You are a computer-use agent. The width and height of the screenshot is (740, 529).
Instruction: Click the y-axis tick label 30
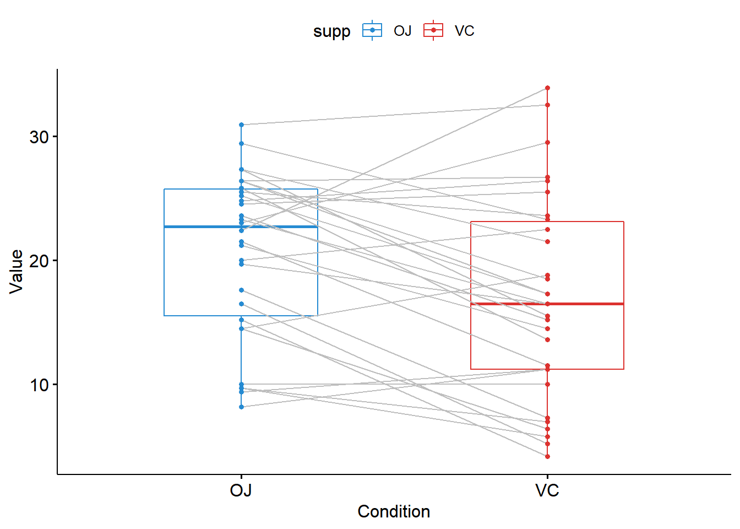(39, 137)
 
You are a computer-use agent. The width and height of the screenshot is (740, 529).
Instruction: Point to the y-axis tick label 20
(39, 261)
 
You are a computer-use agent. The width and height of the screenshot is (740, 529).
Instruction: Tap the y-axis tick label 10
(39, 385)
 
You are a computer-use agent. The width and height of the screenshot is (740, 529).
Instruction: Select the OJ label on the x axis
(241, 490)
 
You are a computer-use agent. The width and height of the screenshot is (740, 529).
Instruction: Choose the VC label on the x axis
(547, 490)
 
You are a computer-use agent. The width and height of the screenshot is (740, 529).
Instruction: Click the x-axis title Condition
(394, 511)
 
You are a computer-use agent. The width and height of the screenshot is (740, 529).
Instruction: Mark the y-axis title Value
(17, 271)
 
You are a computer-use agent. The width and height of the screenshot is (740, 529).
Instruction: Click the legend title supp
(331, 31)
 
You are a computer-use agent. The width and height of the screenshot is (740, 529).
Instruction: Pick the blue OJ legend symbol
(372, 30)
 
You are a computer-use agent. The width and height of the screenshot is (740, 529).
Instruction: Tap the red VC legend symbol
(433, 30)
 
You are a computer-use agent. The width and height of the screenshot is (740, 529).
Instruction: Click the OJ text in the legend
(402, 31)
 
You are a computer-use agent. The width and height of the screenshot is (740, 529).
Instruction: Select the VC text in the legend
(464, 31)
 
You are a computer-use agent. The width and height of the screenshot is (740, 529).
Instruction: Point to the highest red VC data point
(547, 88)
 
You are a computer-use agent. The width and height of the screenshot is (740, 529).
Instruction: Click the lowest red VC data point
(547, 456)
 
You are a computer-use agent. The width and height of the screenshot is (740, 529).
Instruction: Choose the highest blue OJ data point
(241, 125)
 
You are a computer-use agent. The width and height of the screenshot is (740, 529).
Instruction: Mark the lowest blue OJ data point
(241, 407)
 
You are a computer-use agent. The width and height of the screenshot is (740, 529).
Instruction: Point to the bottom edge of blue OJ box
(198, 316)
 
